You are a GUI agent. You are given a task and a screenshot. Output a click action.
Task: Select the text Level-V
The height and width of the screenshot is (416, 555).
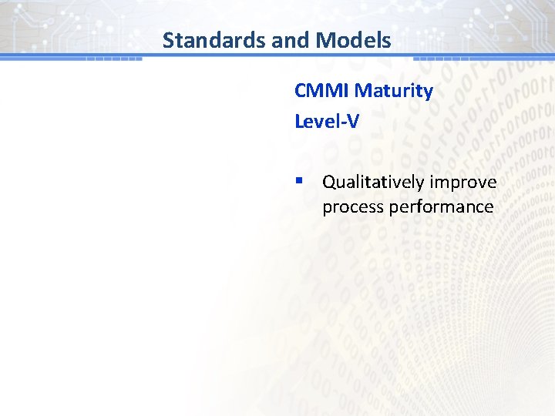[327, 121]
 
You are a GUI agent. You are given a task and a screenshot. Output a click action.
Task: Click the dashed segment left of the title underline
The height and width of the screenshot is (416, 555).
[113, 59]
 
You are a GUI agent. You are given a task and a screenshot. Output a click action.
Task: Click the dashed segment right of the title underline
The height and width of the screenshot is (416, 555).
[442, 59]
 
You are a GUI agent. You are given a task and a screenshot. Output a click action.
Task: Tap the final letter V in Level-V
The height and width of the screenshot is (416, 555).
[353, 121]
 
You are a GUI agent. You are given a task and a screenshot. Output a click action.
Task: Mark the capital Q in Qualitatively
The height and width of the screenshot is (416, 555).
[328, 182]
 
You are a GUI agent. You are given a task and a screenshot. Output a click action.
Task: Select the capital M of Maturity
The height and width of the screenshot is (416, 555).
[363, 91]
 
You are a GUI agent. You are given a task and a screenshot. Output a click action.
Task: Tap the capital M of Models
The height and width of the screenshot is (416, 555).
[330, 40]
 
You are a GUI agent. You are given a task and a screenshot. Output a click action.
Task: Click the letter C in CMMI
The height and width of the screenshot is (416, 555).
[300, 91]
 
